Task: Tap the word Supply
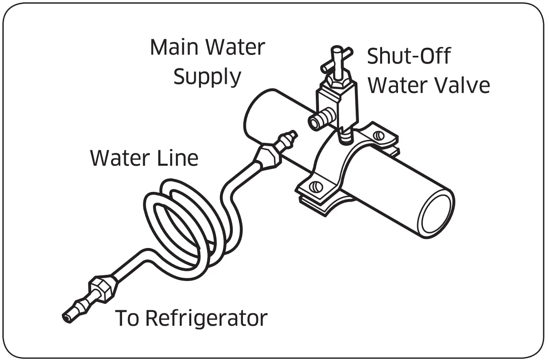pyautogui.click(x=207, y=77)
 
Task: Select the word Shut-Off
pyautogui.click(x=409, y=56)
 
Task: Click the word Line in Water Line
pyautogui.click(x=177, y=158)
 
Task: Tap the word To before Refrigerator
pyautogui.click(x=128, y=318)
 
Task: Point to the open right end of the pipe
pyautogui.click(x=437, y=216)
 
